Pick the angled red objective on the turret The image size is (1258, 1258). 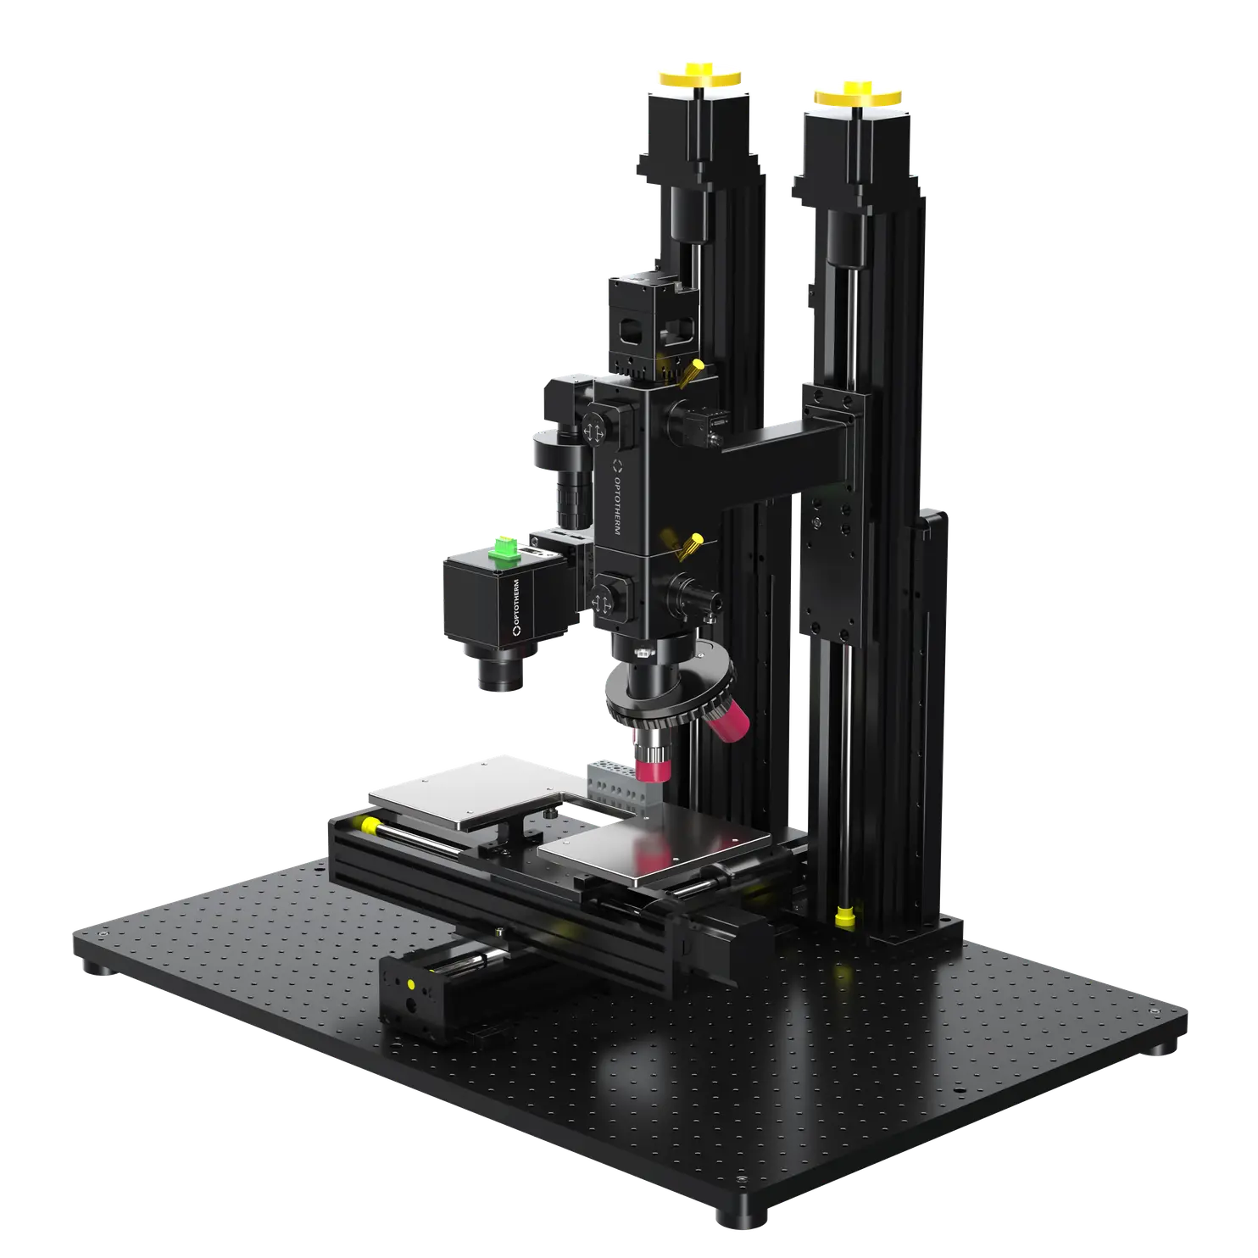point(728,721)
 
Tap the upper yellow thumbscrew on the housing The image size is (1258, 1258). point(693,370)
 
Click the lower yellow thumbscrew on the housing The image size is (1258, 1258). point(693,543)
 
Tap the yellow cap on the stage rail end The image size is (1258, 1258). point(370,825)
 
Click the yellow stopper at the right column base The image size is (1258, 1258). point(843,916)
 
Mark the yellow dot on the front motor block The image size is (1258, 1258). point(411,985)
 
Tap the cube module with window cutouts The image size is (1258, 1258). point(648,322)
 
